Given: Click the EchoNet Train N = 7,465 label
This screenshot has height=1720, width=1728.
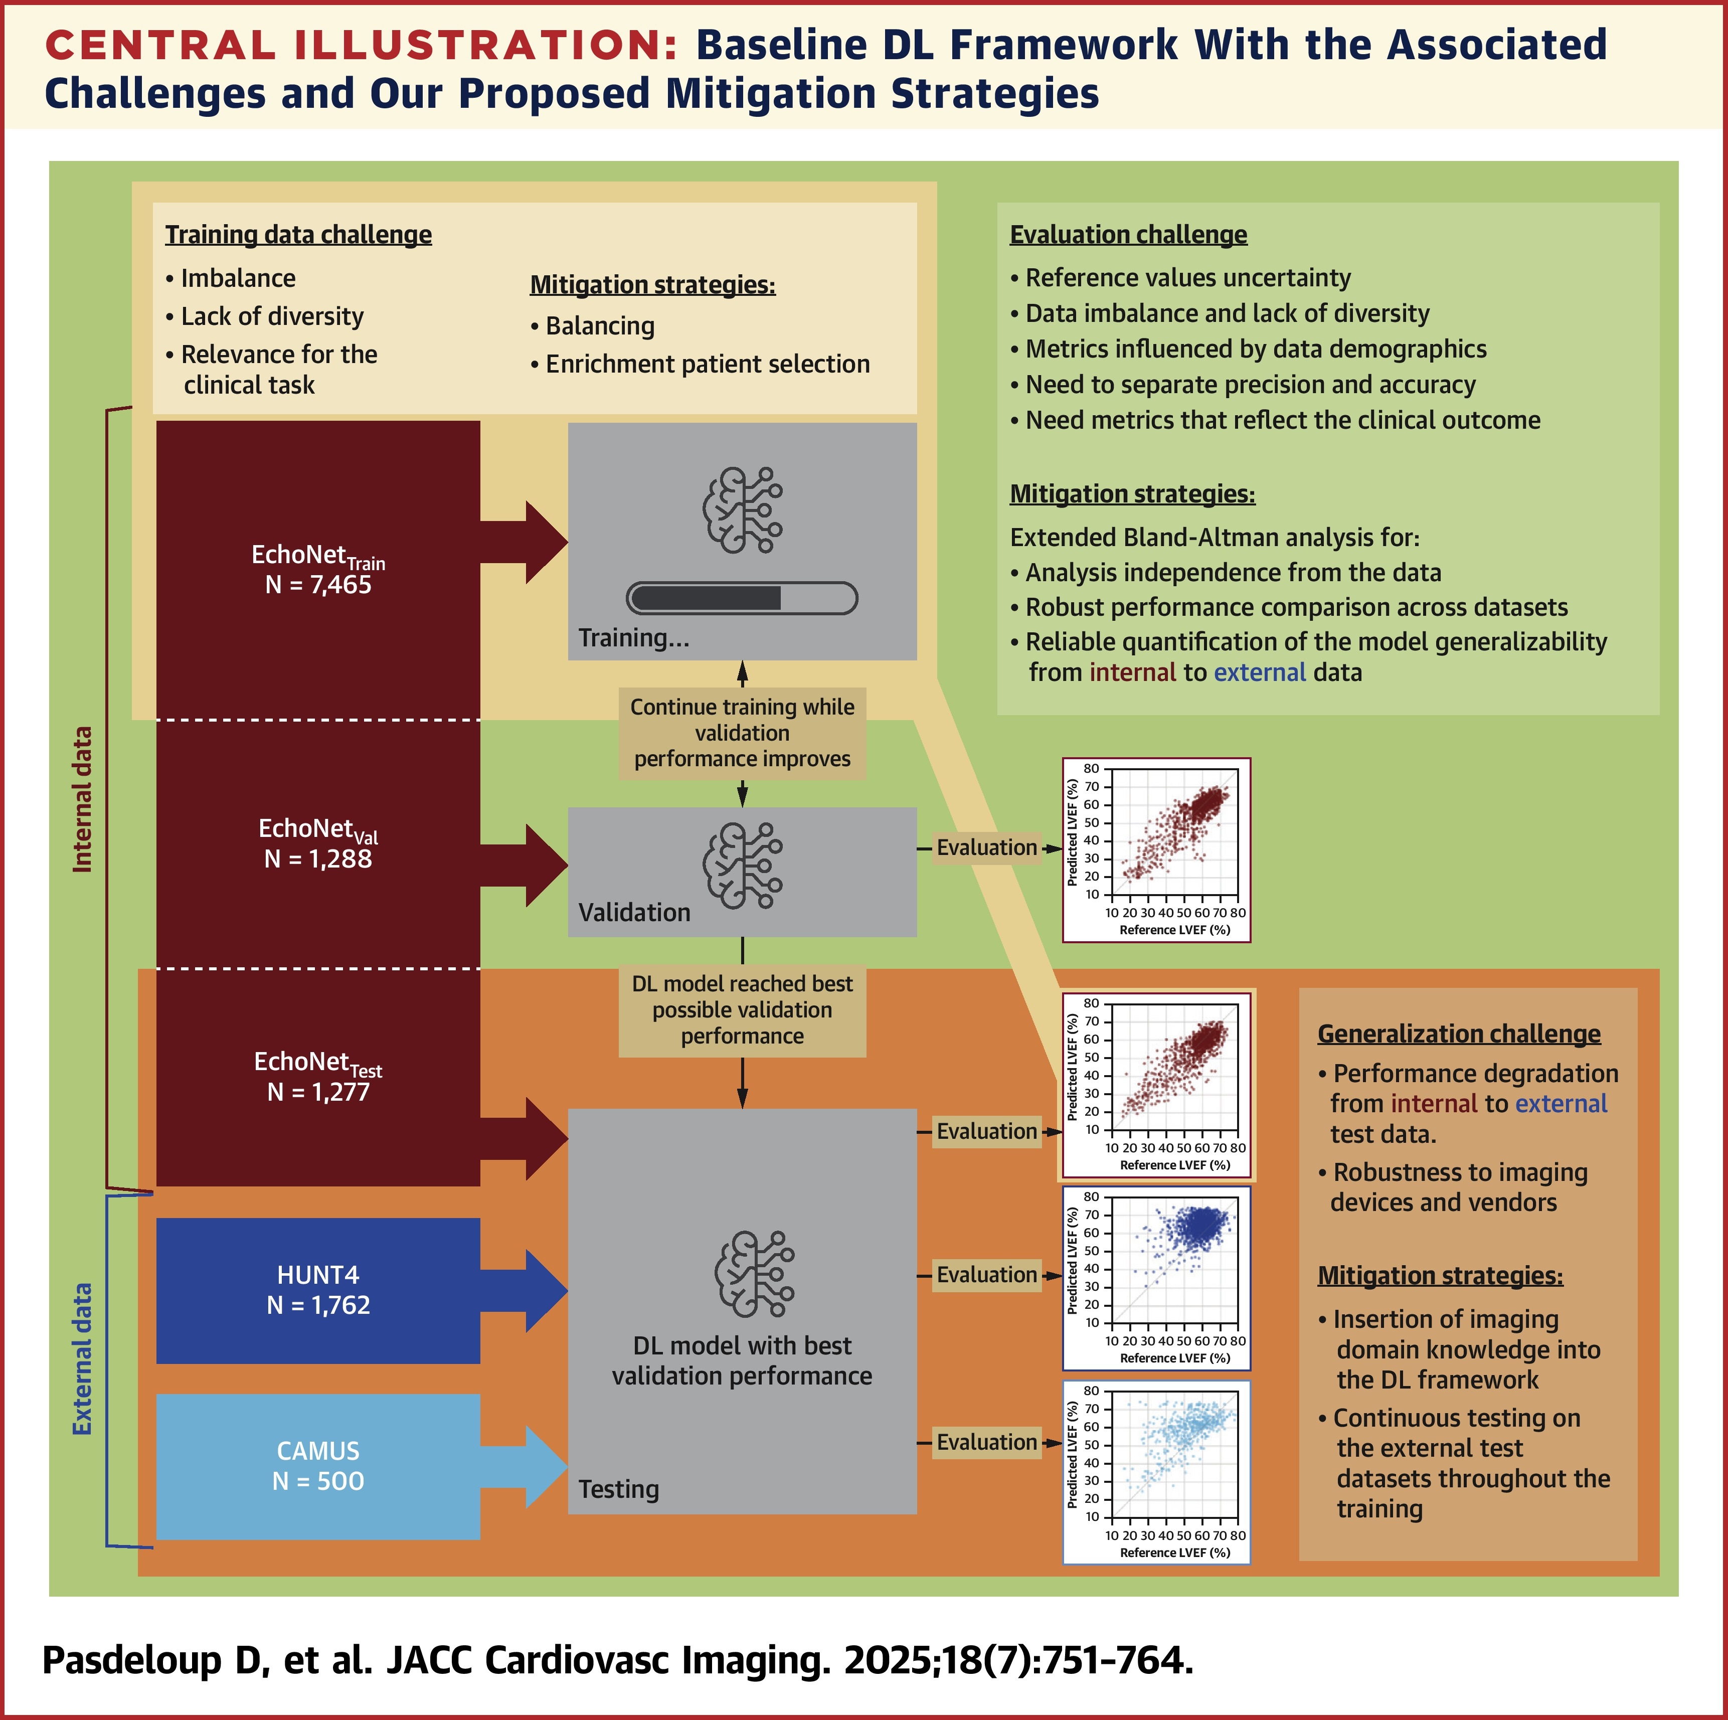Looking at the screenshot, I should (318, 570).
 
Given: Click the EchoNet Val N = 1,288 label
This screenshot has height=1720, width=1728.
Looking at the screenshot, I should (318, 843).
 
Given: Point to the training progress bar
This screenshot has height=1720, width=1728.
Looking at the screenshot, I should (742, 597).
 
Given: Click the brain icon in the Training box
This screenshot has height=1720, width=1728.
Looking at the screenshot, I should (742, 510).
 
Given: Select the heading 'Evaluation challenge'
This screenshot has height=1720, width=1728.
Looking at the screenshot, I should (1128, 234).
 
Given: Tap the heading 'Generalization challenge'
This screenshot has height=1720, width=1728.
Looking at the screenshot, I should (1459, 1034).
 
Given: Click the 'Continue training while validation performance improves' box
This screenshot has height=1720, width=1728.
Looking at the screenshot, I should (742, 733).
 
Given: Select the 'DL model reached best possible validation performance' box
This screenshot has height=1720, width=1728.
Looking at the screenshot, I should (742, 1010).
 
